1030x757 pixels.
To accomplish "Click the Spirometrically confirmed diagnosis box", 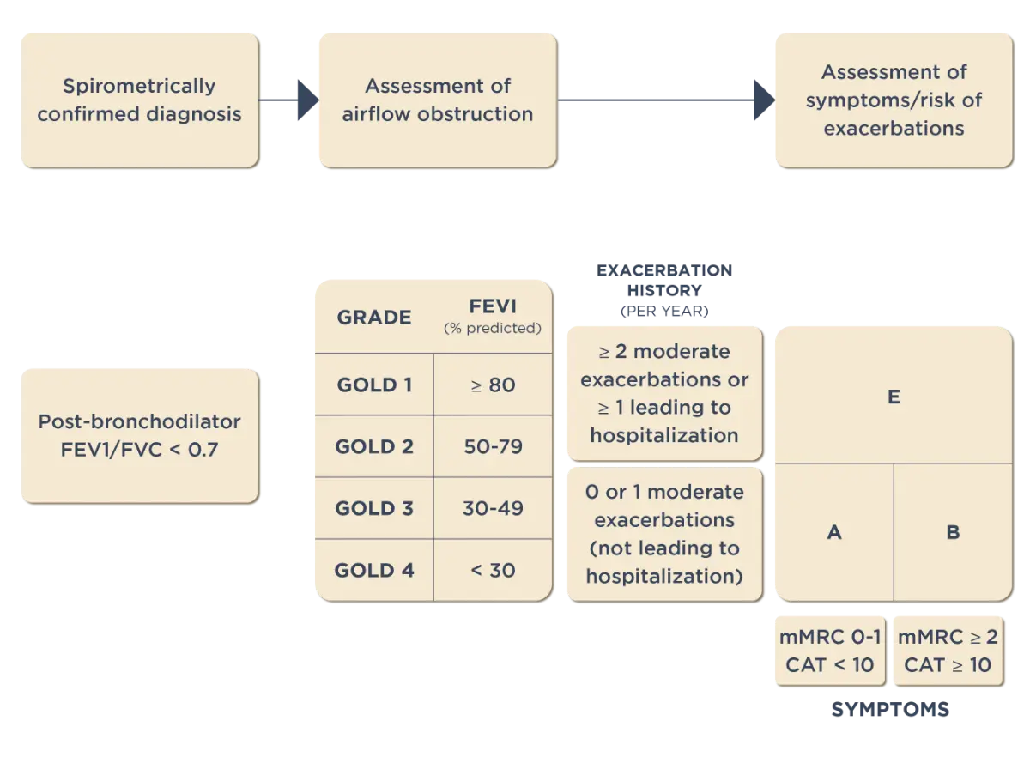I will point(139,99).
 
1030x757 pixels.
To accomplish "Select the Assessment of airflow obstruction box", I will point(437,99).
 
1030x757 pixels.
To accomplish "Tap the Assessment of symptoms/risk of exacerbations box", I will point(894,100).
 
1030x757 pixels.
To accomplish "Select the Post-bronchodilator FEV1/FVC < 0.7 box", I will point(139,434).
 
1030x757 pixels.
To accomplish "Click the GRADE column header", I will point(373,317).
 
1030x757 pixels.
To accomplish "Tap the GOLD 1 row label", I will point(373,385).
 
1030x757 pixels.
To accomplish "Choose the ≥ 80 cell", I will point(493,385).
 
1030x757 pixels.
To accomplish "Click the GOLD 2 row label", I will point(373,446).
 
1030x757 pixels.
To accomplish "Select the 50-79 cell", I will point(493,446).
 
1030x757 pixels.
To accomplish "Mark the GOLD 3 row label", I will point(373,508).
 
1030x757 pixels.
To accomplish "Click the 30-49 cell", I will point(493,508).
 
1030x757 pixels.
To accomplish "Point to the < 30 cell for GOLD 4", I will point(493,570).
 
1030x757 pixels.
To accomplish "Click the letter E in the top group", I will point(894,397).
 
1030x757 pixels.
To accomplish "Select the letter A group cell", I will point(833,532).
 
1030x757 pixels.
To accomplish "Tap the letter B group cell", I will point(953,532).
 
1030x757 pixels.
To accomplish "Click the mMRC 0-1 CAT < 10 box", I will point(830,651).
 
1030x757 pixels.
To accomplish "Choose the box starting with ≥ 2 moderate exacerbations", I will point(663,393).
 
